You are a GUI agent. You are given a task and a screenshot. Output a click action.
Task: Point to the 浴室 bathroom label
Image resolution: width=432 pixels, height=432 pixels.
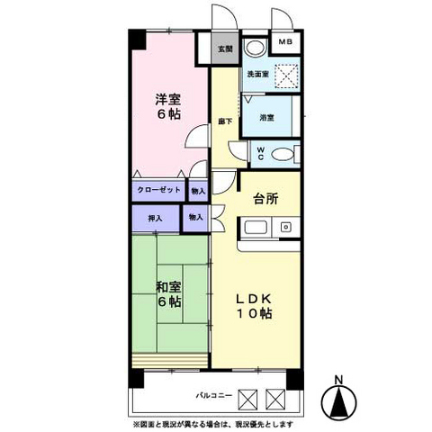click(266, 118)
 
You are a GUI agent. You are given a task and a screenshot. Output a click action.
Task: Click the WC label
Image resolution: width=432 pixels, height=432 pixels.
click(260, 154)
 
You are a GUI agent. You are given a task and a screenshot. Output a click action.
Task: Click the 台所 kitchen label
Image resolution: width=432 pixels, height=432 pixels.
click(266, 199)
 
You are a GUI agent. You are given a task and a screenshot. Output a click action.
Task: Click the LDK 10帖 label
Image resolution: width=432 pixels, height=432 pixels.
click(254, 305)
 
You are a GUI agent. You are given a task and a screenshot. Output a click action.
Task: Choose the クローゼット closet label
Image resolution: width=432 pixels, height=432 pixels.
click(159, 191)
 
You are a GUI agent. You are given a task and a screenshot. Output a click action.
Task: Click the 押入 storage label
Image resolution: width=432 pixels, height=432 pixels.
click(155, 218)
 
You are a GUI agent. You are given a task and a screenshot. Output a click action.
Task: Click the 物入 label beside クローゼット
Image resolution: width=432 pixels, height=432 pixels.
click(198, 191)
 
